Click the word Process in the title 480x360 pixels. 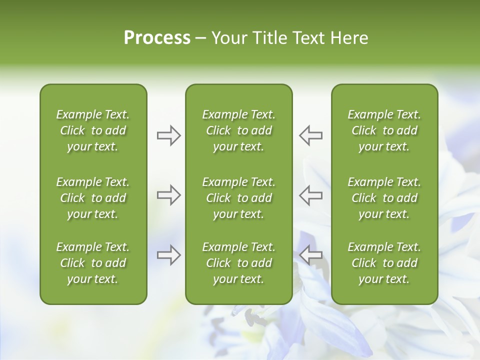click(157, 37)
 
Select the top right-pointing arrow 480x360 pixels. click(169, 135)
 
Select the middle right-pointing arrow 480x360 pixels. click(169, 195)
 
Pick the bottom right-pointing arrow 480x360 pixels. click(169, 255)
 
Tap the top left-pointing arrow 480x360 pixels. click(310, 135)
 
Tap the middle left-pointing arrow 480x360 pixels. click(310, 195)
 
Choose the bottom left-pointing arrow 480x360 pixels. click(310, 255)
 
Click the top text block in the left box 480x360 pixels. click(93, 130)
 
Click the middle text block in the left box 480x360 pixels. click(93, 198)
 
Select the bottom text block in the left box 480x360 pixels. click(93, 263)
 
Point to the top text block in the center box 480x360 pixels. click(238, 130)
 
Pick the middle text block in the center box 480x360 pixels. click(238, 198)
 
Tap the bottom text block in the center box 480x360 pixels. click(238, 263)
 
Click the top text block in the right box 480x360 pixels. click(384, 130)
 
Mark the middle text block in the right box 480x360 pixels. click(384, 198)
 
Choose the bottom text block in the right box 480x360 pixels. click(384, 263)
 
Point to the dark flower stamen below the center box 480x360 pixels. click(249, 316)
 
